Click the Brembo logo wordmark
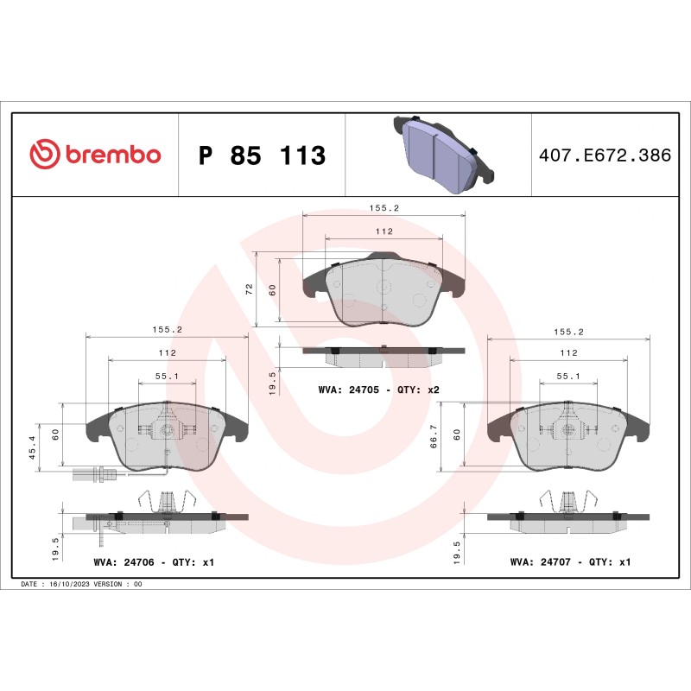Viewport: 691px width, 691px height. coord(111,155)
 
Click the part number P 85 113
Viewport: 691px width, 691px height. coord(262,156)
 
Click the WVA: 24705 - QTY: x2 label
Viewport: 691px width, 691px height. coord(379,390)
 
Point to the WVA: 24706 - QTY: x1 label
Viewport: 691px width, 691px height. coord(153,562)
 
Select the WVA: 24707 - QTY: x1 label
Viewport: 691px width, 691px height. coord(571,562)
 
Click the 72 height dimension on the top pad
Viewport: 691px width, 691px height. coord(250,289)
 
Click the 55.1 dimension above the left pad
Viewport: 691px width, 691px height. coord(167,377)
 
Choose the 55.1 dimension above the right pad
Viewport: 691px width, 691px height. coord(567,377)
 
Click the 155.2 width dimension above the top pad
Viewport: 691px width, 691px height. coord(384,208)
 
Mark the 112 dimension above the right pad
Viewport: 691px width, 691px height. coord(567,353)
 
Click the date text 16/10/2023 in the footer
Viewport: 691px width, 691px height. coord(71,584)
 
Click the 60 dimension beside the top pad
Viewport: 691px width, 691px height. coord(272,290)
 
